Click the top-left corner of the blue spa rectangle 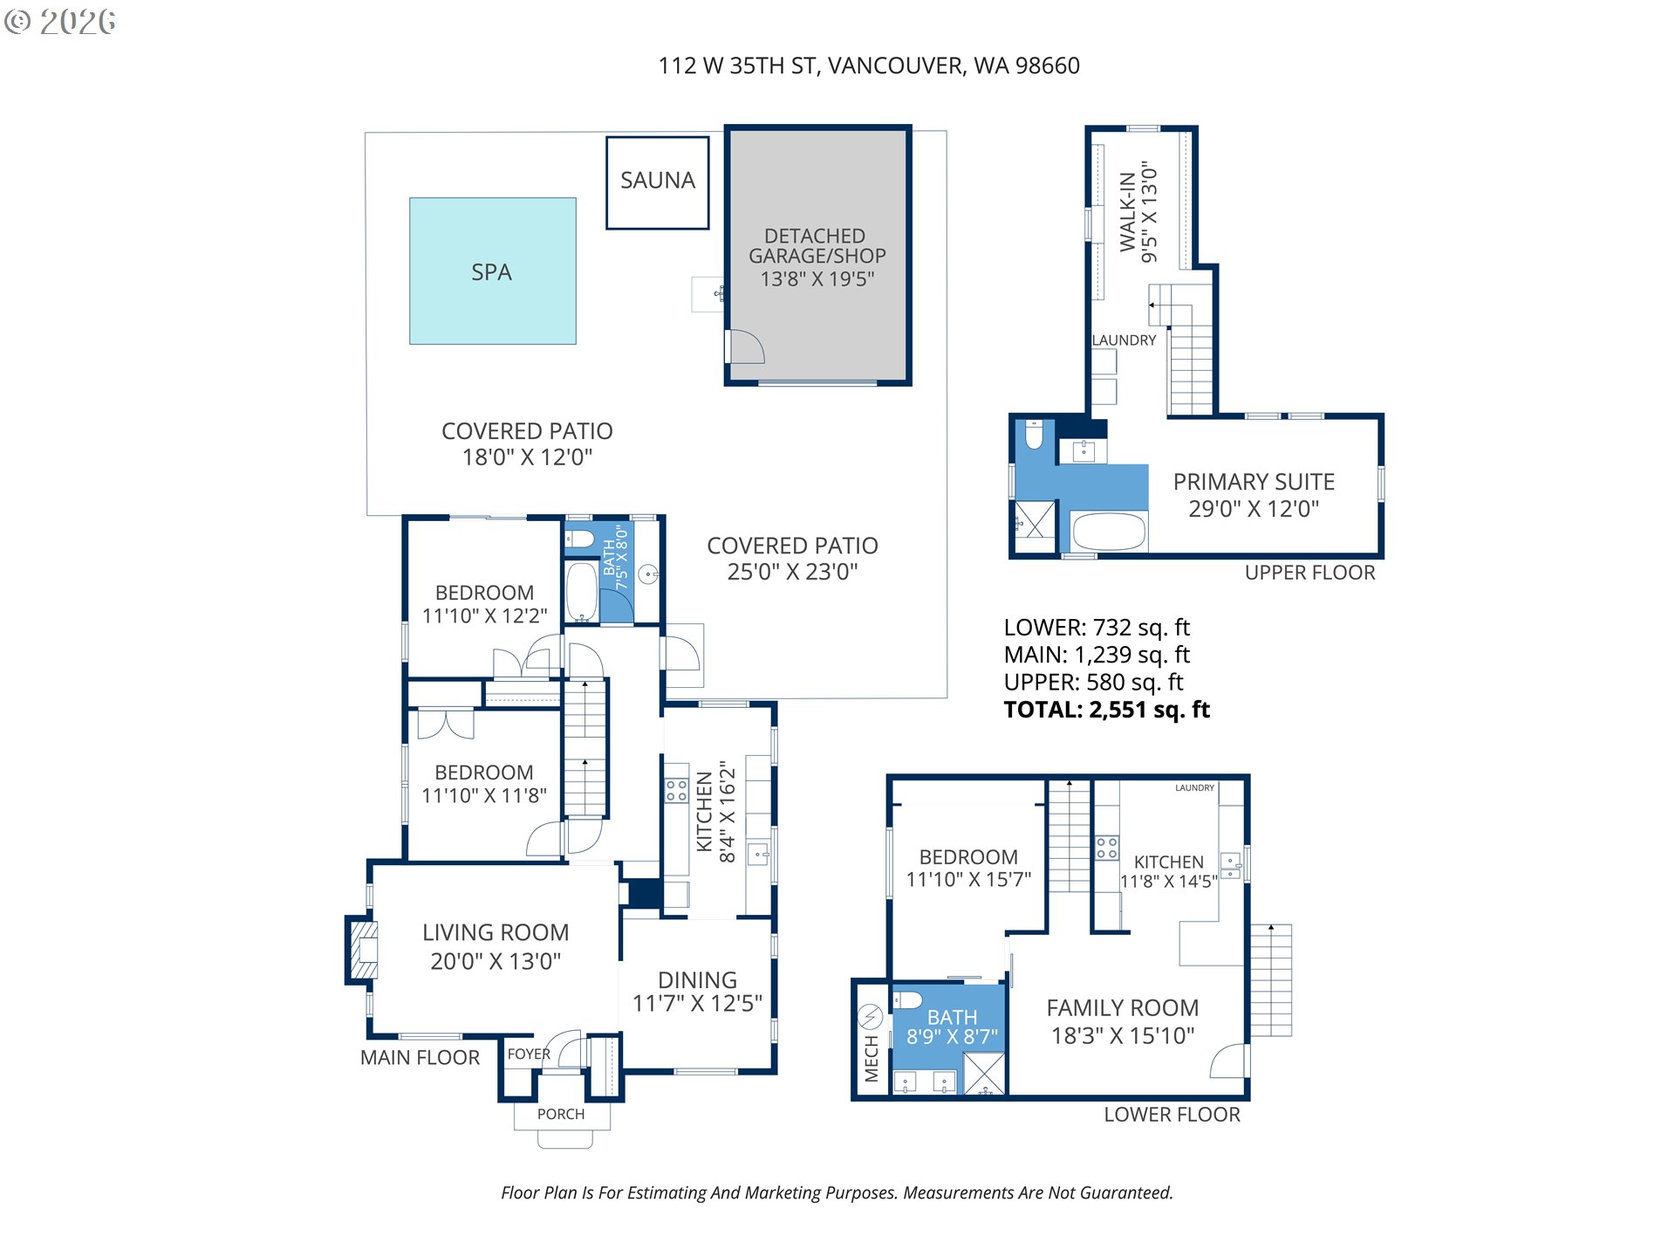tap(410, 198)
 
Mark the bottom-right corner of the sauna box tap(708, 229)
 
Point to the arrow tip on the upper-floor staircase tap(1151, 305)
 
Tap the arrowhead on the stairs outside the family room tap(1271, 927)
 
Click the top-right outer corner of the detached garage tap(912, 126)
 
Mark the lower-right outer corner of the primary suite tap(1384, 557)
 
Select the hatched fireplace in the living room tap(364, 950)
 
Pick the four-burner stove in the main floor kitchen tap(676, 791)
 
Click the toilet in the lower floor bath tap(907, 999)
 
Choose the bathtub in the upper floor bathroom tap(1108, 532)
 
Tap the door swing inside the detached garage tap(747, 347)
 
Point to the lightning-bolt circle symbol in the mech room tap(870, 1016)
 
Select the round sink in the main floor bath tap(647, 574)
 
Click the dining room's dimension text tap(697, 1004)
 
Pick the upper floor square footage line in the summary tap(1093, 682)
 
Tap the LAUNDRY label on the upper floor tap(1124, 340)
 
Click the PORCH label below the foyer tap(561, 1114)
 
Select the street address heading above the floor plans tap(869, 65)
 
